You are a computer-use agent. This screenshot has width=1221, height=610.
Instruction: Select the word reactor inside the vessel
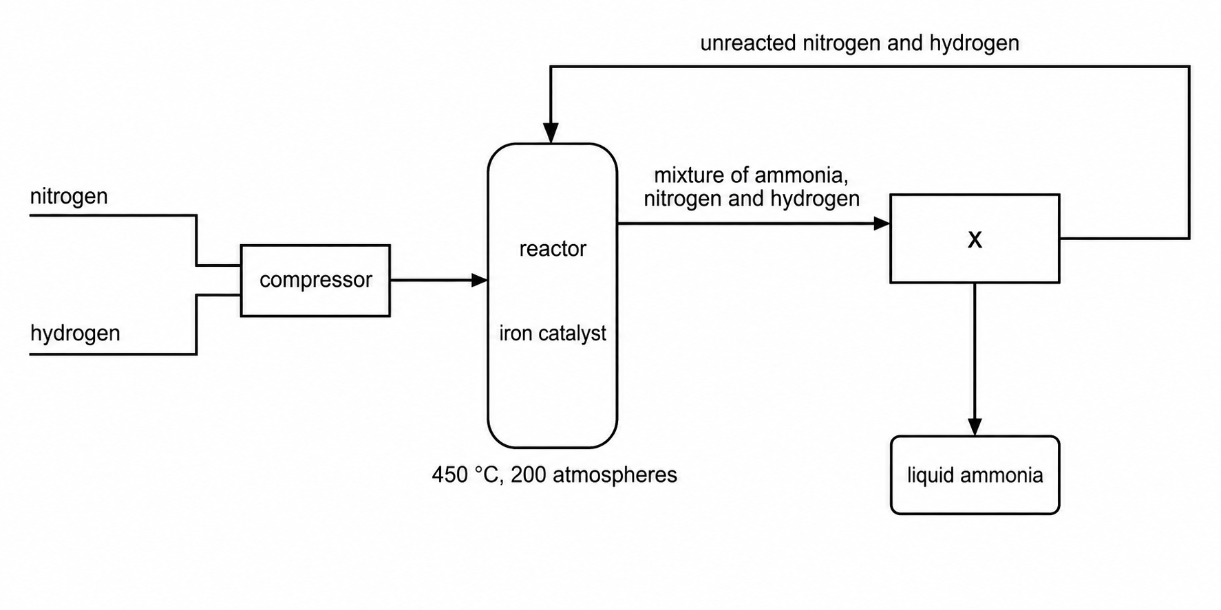(553, 248)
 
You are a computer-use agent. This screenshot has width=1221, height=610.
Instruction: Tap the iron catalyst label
(553, 334)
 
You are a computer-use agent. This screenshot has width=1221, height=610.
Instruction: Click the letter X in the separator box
(975, 239)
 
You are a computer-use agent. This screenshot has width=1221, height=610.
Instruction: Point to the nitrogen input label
(69, 197)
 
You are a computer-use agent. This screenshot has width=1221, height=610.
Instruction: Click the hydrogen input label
(75, 333)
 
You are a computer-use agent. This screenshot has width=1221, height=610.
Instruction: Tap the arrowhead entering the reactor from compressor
(480, 280)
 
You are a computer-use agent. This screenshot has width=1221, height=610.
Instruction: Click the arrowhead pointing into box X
(882, 224)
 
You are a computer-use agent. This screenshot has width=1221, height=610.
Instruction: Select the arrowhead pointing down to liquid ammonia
(975, 426)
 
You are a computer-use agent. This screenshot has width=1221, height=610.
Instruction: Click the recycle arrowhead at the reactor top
(551, 133)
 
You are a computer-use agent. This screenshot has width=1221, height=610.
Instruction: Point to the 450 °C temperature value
(465, 475)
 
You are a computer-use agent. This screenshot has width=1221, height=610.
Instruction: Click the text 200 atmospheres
(594, 475)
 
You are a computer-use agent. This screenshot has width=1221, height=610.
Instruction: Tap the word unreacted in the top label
(748, 43)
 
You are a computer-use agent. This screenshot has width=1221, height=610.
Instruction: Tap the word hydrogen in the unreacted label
(974, 43)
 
